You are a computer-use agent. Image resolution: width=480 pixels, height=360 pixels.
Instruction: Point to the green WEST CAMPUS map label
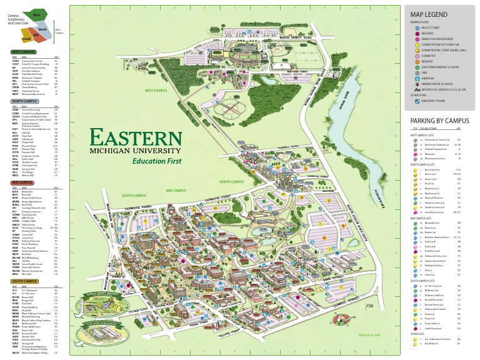pyautogui.click(x=157, y=91)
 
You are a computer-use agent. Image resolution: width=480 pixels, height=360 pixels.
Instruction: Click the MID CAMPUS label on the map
pyautogui.click(x=176, y=190)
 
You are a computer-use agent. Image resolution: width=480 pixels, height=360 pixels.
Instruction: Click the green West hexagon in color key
pyautogui.click(x=36, y=14)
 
